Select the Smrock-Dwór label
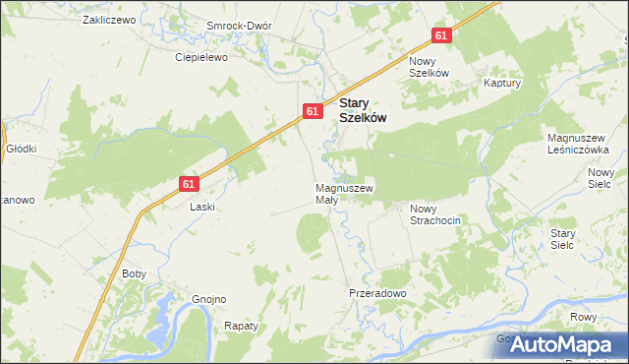239,26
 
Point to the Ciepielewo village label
201,57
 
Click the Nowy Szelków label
429,67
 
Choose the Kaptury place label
501,84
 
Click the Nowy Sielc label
600,177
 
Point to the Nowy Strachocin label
435,214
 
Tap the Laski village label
201,208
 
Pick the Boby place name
134,274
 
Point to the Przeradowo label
377,293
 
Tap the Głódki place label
21,149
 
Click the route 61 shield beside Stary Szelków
311,111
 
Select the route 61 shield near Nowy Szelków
441,35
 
